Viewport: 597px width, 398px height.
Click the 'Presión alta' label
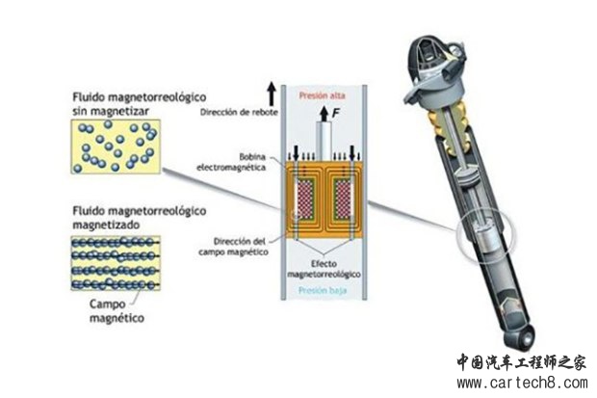point(322,95)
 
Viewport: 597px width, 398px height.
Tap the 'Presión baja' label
point(323,290)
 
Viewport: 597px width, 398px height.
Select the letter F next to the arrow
point(335,113)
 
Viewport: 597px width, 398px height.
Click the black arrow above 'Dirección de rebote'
point(272,93)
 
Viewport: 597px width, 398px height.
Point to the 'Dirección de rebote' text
point(239,113)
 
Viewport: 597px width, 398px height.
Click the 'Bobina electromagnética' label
point(231,162)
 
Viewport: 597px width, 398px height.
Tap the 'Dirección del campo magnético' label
point(233,247)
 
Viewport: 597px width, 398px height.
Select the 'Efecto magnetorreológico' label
point(324,269)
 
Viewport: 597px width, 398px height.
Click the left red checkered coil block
point(305,199)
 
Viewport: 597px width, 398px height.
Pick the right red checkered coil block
point(343,199)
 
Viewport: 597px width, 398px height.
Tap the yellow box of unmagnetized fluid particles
point(116,146)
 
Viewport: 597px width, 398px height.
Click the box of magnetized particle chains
point(116,263)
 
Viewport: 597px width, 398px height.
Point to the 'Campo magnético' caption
point(117,311)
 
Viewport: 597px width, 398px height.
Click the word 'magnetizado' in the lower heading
point(106,225)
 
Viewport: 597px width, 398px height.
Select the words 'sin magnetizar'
point(111,111)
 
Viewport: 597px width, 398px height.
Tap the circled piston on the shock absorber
point(484,236)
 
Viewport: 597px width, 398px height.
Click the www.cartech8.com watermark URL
point(522,382)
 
